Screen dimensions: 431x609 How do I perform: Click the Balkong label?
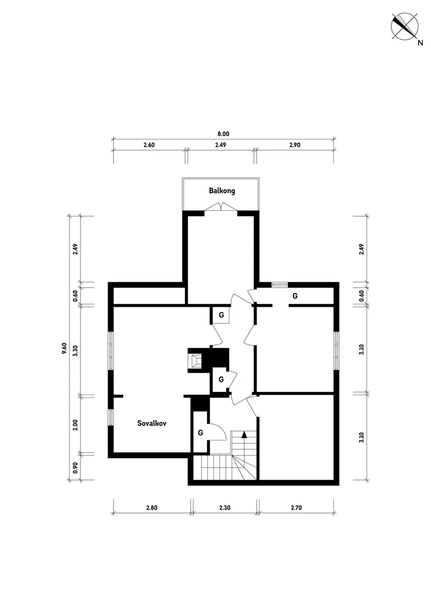click(222, 190)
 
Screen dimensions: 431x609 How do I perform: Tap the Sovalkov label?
click(152, 423)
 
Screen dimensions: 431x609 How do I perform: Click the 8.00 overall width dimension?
click(223, 134)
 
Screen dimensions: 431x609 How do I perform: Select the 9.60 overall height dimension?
click(64, 348)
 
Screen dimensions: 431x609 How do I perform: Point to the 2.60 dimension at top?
click(149, 145)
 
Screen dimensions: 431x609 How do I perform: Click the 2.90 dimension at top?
click(295, 145)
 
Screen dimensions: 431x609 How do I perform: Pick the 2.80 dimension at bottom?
click(152, 508)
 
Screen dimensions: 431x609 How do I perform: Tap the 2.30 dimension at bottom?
click(225, 508)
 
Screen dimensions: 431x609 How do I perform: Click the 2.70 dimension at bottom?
click(296, 508)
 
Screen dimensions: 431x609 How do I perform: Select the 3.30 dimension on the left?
click(75, 351)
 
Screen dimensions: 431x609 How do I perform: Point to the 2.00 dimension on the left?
click(75, 425)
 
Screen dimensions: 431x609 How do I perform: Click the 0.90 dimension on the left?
click(75, 468)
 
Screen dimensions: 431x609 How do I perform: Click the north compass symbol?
click(404, 26)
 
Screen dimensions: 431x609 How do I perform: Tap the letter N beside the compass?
click(420, 43)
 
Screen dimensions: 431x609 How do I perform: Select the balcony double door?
click(221, 207)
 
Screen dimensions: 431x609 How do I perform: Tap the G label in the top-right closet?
click(295, 296)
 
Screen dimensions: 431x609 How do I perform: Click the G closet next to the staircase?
click(201, 432)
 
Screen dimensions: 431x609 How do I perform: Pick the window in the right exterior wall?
click(336, 351)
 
